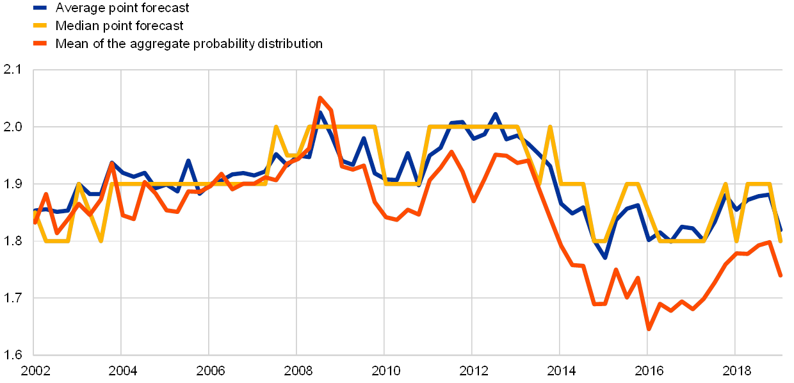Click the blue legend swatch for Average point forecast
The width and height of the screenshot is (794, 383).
pos(41,8)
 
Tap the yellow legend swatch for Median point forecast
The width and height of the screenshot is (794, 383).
pos(41,26)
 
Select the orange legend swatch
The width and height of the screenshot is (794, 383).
pos(41,44)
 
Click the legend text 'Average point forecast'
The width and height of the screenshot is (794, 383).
pos(122,8)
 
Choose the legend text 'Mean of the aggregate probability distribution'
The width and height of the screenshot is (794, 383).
pos(189,44)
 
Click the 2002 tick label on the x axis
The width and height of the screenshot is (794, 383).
pos(35,370)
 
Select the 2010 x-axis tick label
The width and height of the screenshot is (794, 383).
pos(384,370)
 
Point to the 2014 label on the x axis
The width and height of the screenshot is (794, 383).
pos(560,370)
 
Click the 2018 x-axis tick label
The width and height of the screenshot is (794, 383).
pos(735,370)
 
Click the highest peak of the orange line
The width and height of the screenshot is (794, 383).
pos(320,98)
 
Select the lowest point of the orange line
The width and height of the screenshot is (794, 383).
pos(648,329)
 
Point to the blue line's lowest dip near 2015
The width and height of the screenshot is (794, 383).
pos(604,257)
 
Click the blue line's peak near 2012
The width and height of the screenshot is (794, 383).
pos(494,115)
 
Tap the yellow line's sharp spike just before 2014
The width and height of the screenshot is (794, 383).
pos(549,127)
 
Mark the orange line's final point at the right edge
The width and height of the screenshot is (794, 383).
pos(781,276)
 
